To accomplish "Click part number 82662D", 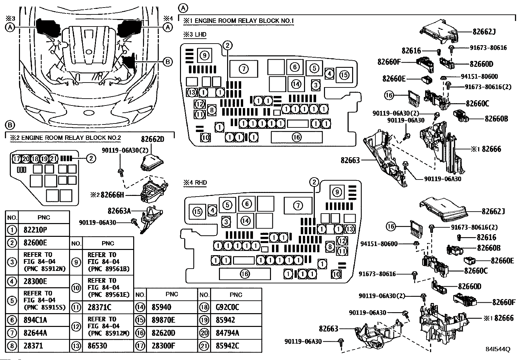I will pyautogui.click(x=152, y=139).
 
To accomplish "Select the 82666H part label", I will pyautogui.click(x=112, y=195).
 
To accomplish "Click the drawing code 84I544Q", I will pyautogui.click(x=498, y=350).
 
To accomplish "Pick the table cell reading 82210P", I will pyautogui.click(x=35, y=230).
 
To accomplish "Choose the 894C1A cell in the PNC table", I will pyautogui.click(x=35, y=320).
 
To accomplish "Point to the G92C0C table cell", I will pyautogui.click(x=227, y=307).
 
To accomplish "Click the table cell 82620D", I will pyautogui.click(x=163, y=333).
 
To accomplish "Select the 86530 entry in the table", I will pyautogui.click(x=98, y=346).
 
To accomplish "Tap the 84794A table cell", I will pyautogui.click(x=227, y=333).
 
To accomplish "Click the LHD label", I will pyautogui.click(x=201, y=34).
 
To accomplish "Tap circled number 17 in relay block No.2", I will pyautogui.click(x=17, y=159).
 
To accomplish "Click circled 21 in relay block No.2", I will pyautogui.click(x=53, y=159).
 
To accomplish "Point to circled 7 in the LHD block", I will pyautogui.click(x=243, y=69).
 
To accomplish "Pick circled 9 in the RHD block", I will pyautogui.click(x=337, y=192).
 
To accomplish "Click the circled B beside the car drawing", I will pyautogui.click(x=167, y=61).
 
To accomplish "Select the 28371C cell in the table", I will pyautogui.click(x=99, y=307).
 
